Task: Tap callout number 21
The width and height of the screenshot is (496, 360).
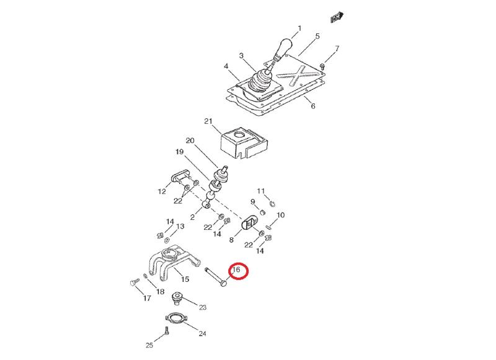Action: (x=208, y=121)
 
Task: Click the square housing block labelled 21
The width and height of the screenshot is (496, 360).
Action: (x=244, y=143)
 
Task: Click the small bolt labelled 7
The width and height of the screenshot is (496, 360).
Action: (x=322, y=66)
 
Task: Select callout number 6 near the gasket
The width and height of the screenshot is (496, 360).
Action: (x=313, y=106)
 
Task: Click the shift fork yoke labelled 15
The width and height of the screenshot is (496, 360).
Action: (x=172, y=261)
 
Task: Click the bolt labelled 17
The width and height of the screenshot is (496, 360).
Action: (x=134, y=281)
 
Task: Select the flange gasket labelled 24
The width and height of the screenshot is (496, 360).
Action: (x=176, y=318)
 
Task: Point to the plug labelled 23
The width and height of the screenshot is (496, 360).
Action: (x=177, y=298)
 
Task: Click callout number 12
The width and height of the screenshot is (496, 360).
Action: (x=162, y=191)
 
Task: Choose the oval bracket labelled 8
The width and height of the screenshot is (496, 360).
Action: (x=249, y=223)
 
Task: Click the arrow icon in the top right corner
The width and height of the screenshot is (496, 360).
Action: (x=337, y=17)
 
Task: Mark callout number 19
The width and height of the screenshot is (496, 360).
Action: (x=179, y=152)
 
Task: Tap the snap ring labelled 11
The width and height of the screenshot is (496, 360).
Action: (x=273, y=204)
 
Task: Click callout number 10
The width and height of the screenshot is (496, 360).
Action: (x=280, y=215)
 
